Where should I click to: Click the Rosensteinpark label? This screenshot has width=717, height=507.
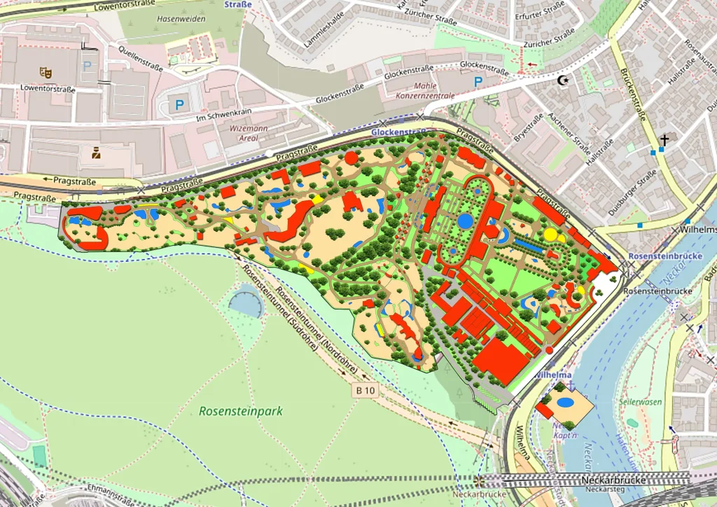241,411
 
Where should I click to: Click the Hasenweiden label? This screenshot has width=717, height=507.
181,19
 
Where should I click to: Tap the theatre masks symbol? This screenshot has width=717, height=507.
46,71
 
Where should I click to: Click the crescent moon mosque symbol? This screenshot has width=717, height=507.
562,80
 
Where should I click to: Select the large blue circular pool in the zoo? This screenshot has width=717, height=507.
465,221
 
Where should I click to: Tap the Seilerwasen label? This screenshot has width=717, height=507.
641,402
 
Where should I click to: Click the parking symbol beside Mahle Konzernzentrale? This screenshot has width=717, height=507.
478,82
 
